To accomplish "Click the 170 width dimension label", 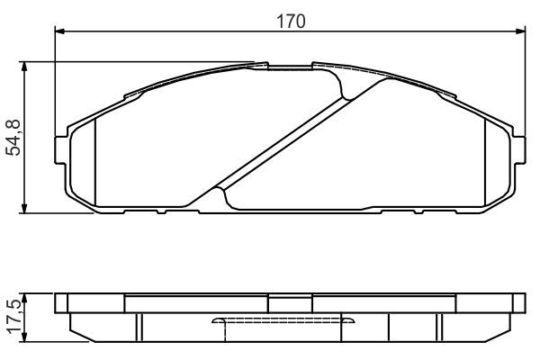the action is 291,22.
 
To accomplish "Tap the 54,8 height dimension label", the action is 14,138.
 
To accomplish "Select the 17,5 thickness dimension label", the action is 16,317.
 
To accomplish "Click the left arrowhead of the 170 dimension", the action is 60,31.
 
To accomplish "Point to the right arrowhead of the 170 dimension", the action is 521,31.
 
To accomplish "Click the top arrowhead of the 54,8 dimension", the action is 24,67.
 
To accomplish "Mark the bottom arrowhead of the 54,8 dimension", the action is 24,209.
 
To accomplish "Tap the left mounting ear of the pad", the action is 60,150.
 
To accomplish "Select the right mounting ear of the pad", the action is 520,150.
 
